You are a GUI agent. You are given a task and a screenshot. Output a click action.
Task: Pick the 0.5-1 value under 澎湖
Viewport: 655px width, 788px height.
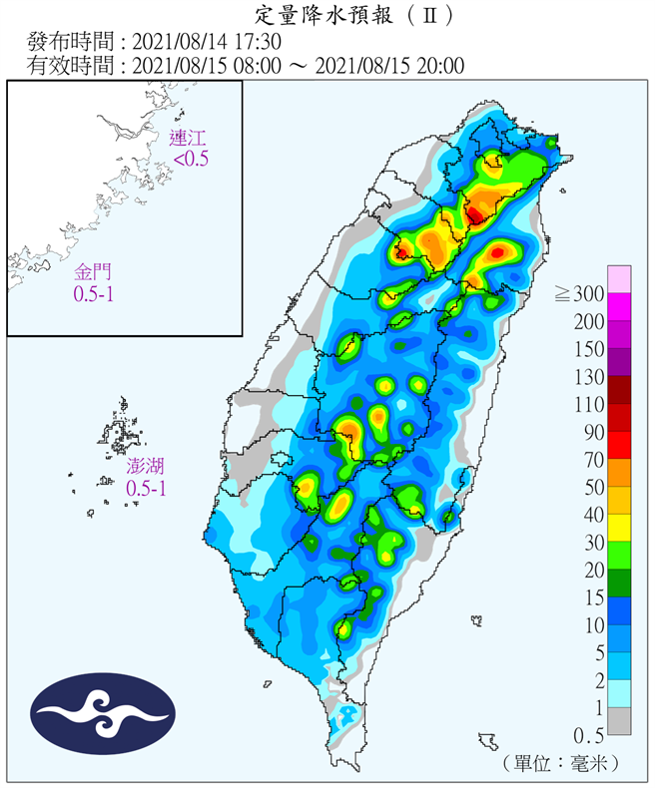point(146,489)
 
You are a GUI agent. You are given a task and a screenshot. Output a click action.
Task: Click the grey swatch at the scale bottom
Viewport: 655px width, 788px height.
point(619,720)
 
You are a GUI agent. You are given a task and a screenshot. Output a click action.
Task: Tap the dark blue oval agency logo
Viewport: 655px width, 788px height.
point(103,714)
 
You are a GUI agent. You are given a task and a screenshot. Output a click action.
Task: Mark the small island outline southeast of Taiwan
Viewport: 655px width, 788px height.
point(488,741)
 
